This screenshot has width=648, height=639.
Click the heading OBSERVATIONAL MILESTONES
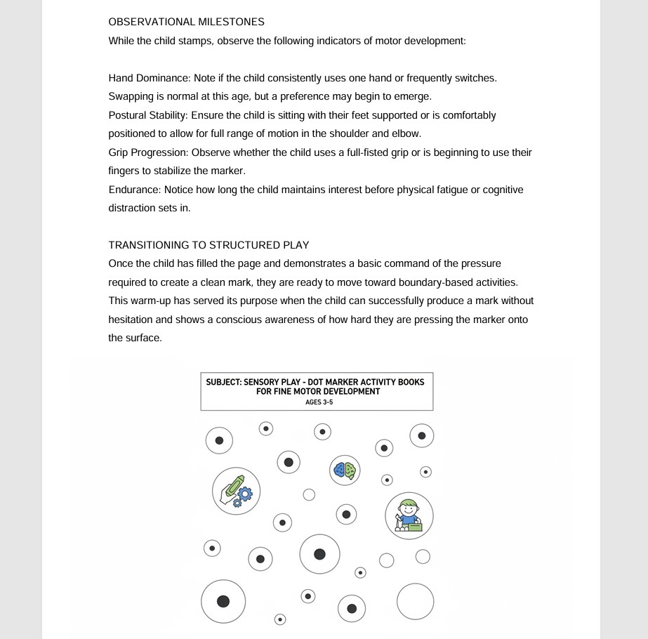tap(186, 22)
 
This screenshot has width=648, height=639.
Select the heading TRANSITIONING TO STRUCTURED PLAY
tap(209, 245)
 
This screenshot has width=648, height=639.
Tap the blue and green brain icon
tap(345, 470)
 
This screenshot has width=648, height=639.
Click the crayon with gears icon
tap(236, 491)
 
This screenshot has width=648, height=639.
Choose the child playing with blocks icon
tap(409, 516)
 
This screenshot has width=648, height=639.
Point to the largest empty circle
tap(415, 602)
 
